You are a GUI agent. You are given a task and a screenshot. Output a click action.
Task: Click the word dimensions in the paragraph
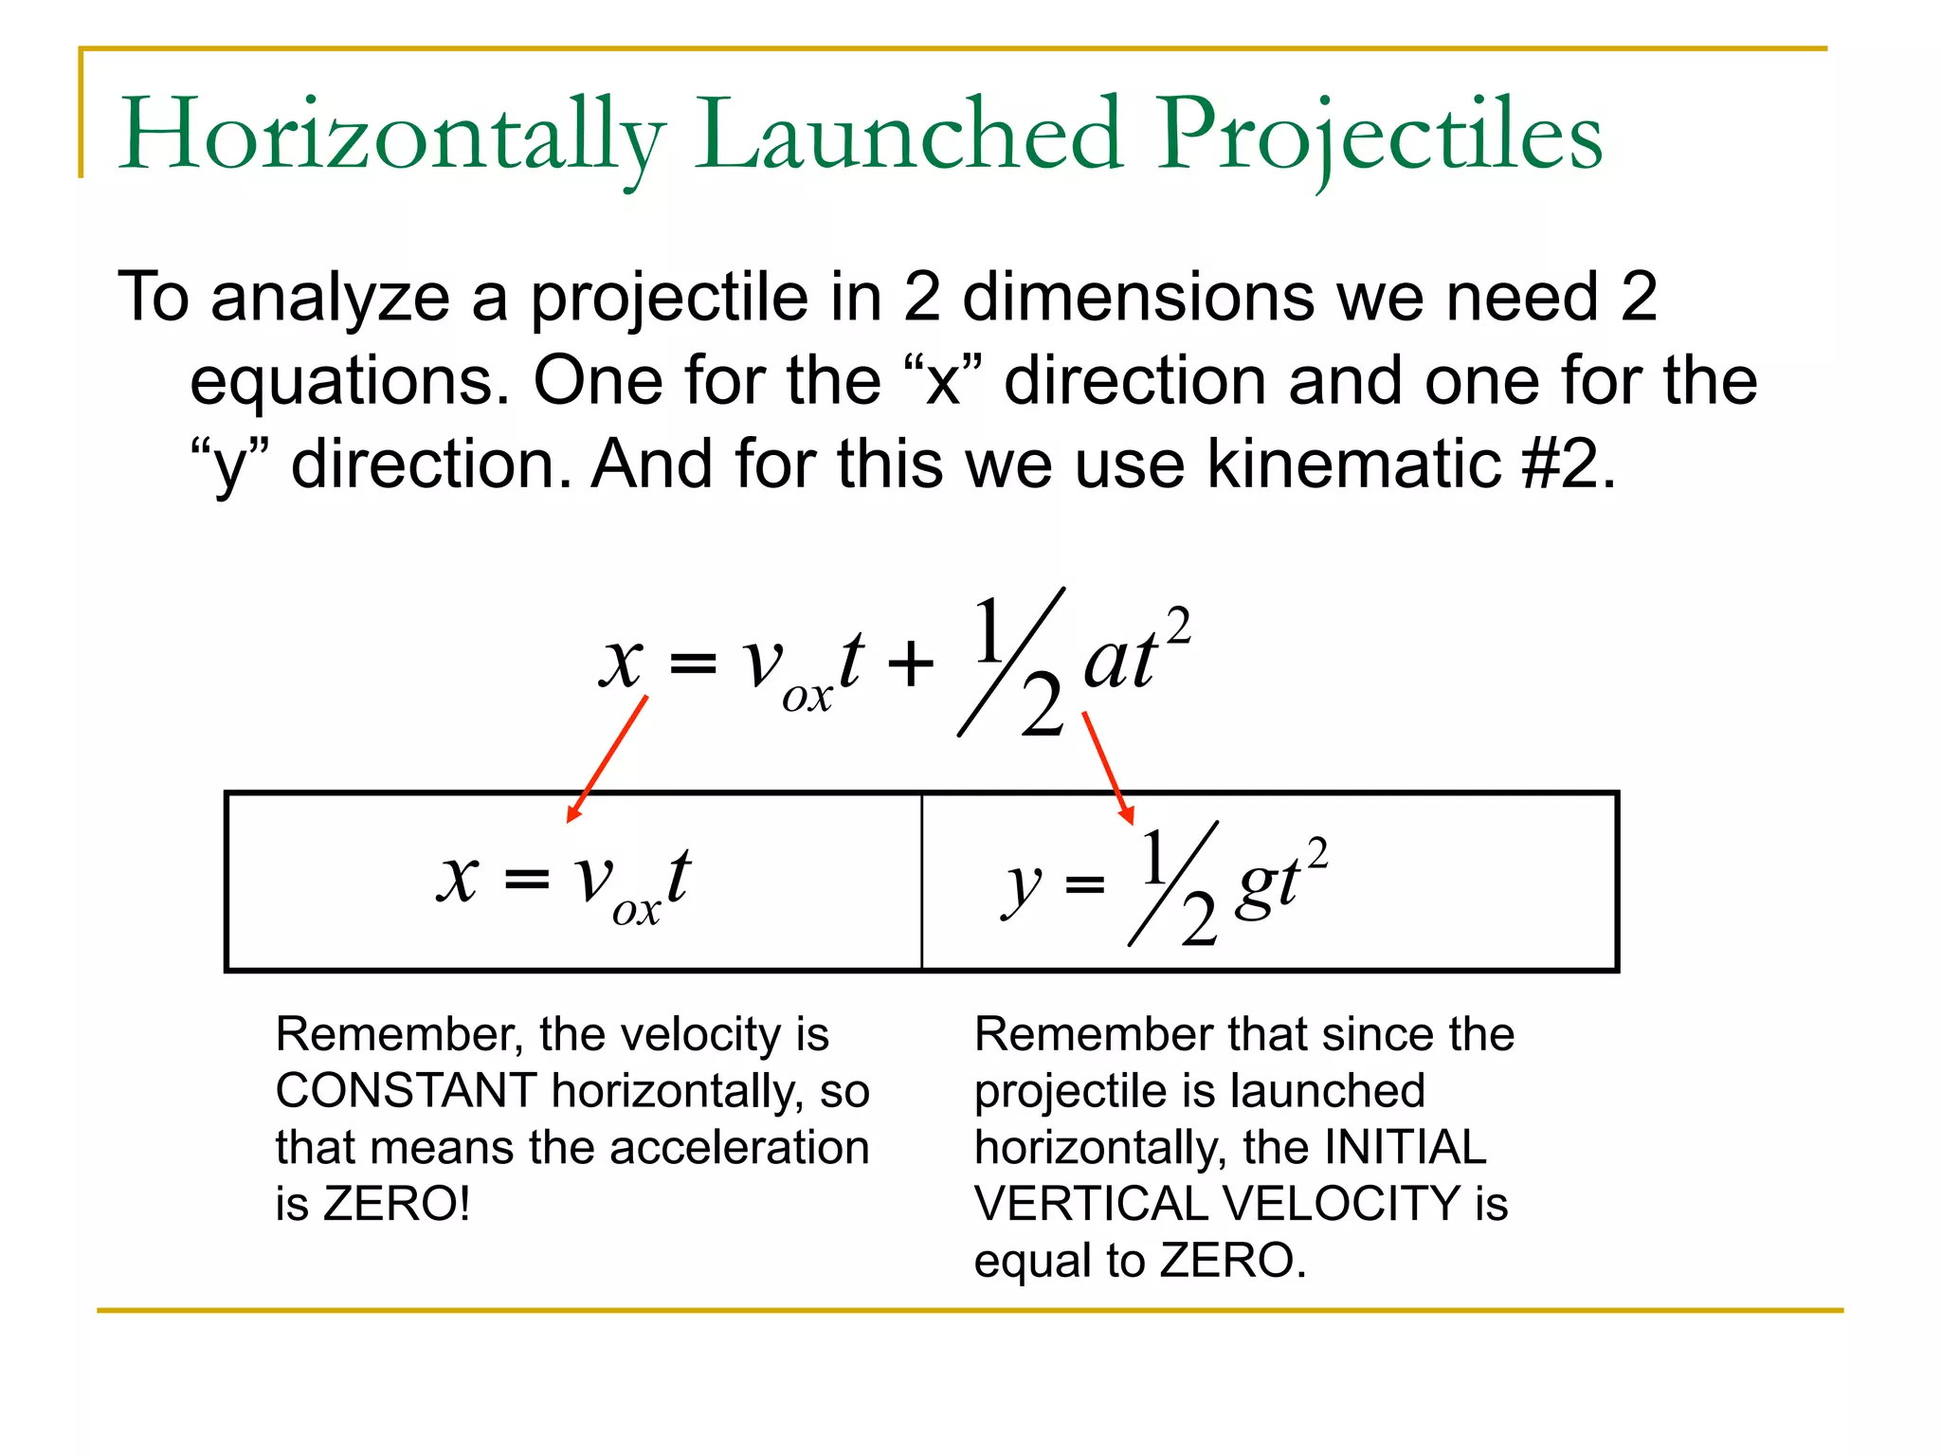(1138, 298)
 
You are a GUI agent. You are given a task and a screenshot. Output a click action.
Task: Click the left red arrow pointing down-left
(607, 758)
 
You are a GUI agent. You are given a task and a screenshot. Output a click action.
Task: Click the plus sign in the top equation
(910, 663)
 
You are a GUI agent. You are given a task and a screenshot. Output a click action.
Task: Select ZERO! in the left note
(396, 1205)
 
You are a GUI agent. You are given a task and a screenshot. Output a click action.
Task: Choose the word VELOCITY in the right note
(1342, 1205)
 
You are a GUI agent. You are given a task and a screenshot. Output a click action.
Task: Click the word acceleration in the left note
(740, 1148)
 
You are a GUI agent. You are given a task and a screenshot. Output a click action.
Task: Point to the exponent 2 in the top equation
(1178, 627)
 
